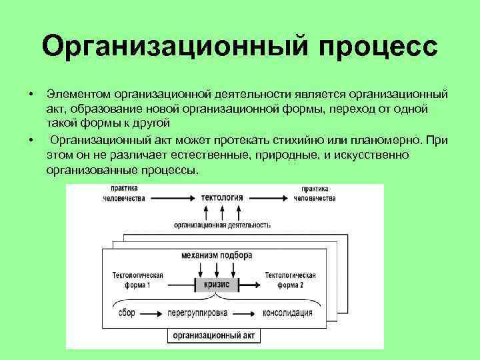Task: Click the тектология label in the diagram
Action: tap(221, 198)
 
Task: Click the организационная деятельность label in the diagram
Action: tap(222, 225)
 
